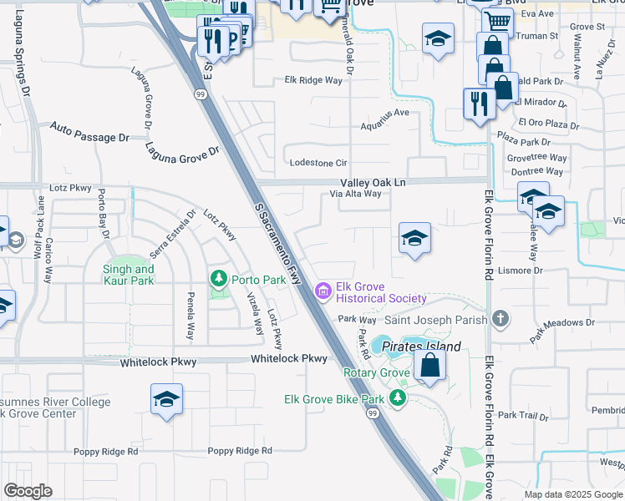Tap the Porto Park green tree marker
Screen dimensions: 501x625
click(219, 278)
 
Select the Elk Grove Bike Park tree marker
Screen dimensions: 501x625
click(399, 399)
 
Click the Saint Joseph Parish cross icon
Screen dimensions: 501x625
click(500, 318)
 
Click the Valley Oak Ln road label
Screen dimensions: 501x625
click(373, 181)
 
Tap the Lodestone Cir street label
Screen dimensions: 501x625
click(317, 163)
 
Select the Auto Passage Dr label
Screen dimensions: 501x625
click(90, 132)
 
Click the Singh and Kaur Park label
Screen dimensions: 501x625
click(128, 275)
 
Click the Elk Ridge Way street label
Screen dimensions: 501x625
click(313, 80)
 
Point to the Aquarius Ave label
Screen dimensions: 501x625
click(384, 112)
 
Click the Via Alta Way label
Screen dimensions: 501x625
click(355, 194)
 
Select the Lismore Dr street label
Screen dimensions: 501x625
click(519, 271)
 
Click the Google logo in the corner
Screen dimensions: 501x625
click(28, 491)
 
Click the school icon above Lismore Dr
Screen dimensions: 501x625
click(414, 238)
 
